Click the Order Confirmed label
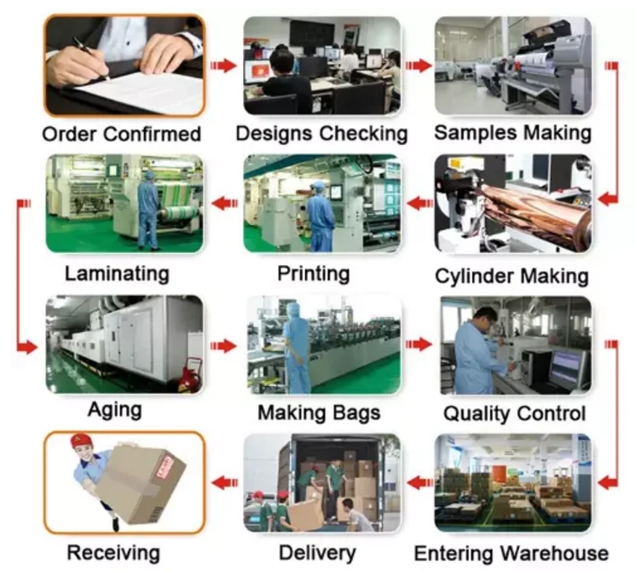[x=121, y=135]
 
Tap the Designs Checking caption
[x=321, y=134]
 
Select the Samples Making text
[x=512, y=133]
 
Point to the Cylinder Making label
[x=511, y=276]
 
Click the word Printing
[x=314, y=274]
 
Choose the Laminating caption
[x=117, y=274]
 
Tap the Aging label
[x=115, y=409]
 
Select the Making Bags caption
[x=319, y=413]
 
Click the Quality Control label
[x=514, y=414]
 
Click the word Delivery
[x=317, y=552]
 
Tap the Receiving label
[x=113, y=552]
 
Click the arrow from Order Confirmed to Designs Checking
[x=223, y=65]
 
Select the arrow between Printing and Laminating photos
[x=223, y=202]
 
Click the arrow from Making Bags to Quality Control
[x=418, y=344]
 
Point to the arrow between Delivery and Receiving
[x=223, y=483]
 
